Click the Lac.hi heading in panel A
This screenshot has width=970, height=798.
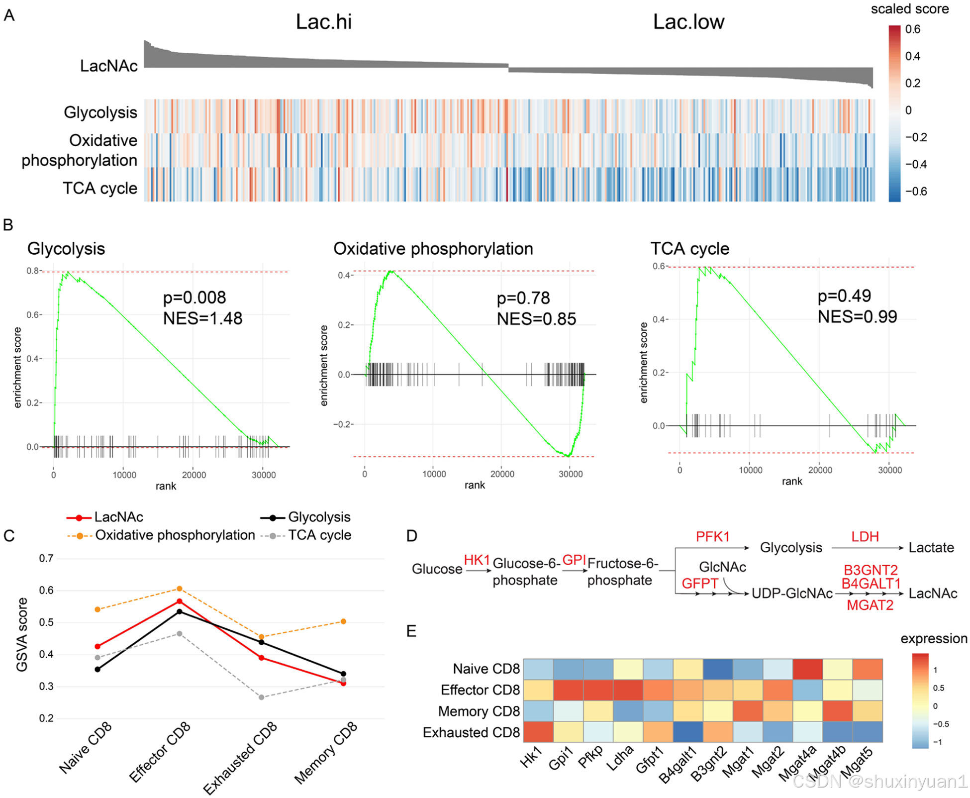tap(323, 22)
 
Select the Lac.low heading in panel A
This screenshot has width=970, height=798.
tap(688, 22)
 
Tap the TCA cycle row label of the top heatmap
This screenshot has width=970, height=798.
tap(99, 189)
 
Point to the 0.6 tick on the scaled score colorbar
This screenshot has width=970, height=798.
tap(912, 29)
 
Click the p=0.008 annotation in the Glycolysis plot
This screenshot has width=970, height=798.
tap(194, 298)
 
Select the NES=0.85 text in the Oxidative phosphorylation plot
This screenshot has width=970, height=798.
tap(536, 319)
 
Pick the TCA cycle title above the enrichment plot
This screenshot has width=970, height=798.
tap(689, 248)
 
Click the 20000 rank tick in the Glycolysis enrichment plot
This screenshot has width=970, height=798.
tap(194, 475)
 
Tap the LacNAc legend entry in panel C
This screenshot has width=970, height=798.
tap(118, 517)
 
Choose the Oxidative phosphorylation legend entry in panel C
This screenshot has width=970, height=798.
tap(175, 535)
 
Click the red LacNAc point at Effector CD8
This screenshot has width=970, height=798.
tap(180, 601)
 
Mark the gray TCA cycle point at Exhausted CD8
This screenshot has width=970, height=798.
tap(262, 697)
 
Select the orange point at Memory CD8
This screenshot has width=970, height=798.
tap(343, 621)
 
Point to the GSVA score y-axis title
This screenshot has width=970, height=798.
tap(22, 635)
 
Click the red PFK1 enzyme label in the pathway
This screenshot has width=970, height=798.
tap(712, 537)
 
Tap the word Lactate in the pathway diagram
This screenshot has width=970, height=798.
tap(931, 548)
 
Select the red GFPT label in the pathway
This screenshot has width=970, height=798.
tap(699, 583)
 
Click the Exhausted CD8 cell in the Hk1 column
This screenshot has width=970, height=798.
tap(538, 732)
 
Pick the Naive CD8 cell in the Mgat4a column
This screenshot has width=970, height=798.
tap(808, 669)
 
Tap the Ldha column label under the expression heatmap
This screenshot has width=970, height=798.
tap(621, 757)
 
